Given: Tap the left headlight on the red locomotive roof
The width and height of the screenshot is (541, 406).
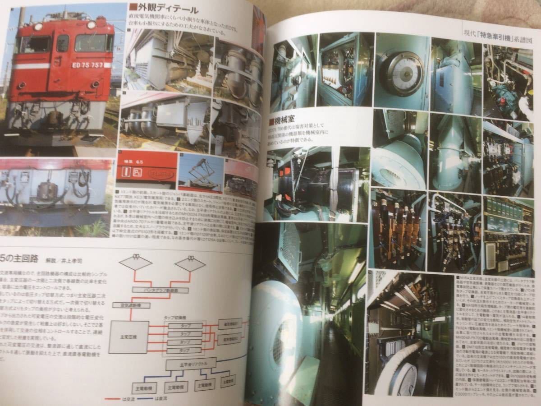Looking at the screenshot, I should (x=38, y=27).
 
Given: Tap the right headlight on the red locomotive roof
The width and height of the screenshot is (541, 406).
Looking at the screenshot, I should (x=91, y=25).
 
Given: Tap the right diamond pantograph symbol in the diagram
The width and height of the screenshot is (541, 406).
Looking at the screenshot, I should (x=190, y=263).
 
